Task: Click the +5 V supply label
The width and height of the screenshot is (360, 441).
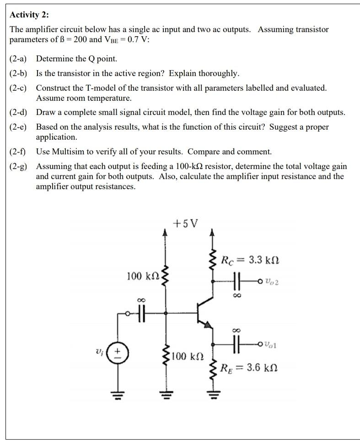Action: click(x=185, y=223)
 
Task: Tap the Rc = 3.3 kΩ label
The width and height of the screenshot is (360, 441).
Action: click(x=249, y=261)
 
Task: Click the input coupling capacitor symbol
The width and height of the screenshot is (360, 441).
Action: click(x=141, y=314)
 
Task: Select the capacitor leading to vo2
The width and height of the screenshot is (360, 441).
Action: click(x=238, y=280)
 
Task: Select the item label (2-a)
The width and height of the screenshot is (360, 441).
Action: click(x=18, y=59)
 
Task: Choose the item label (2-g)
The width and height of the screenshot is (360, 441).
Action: click(x=18, y=167)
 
